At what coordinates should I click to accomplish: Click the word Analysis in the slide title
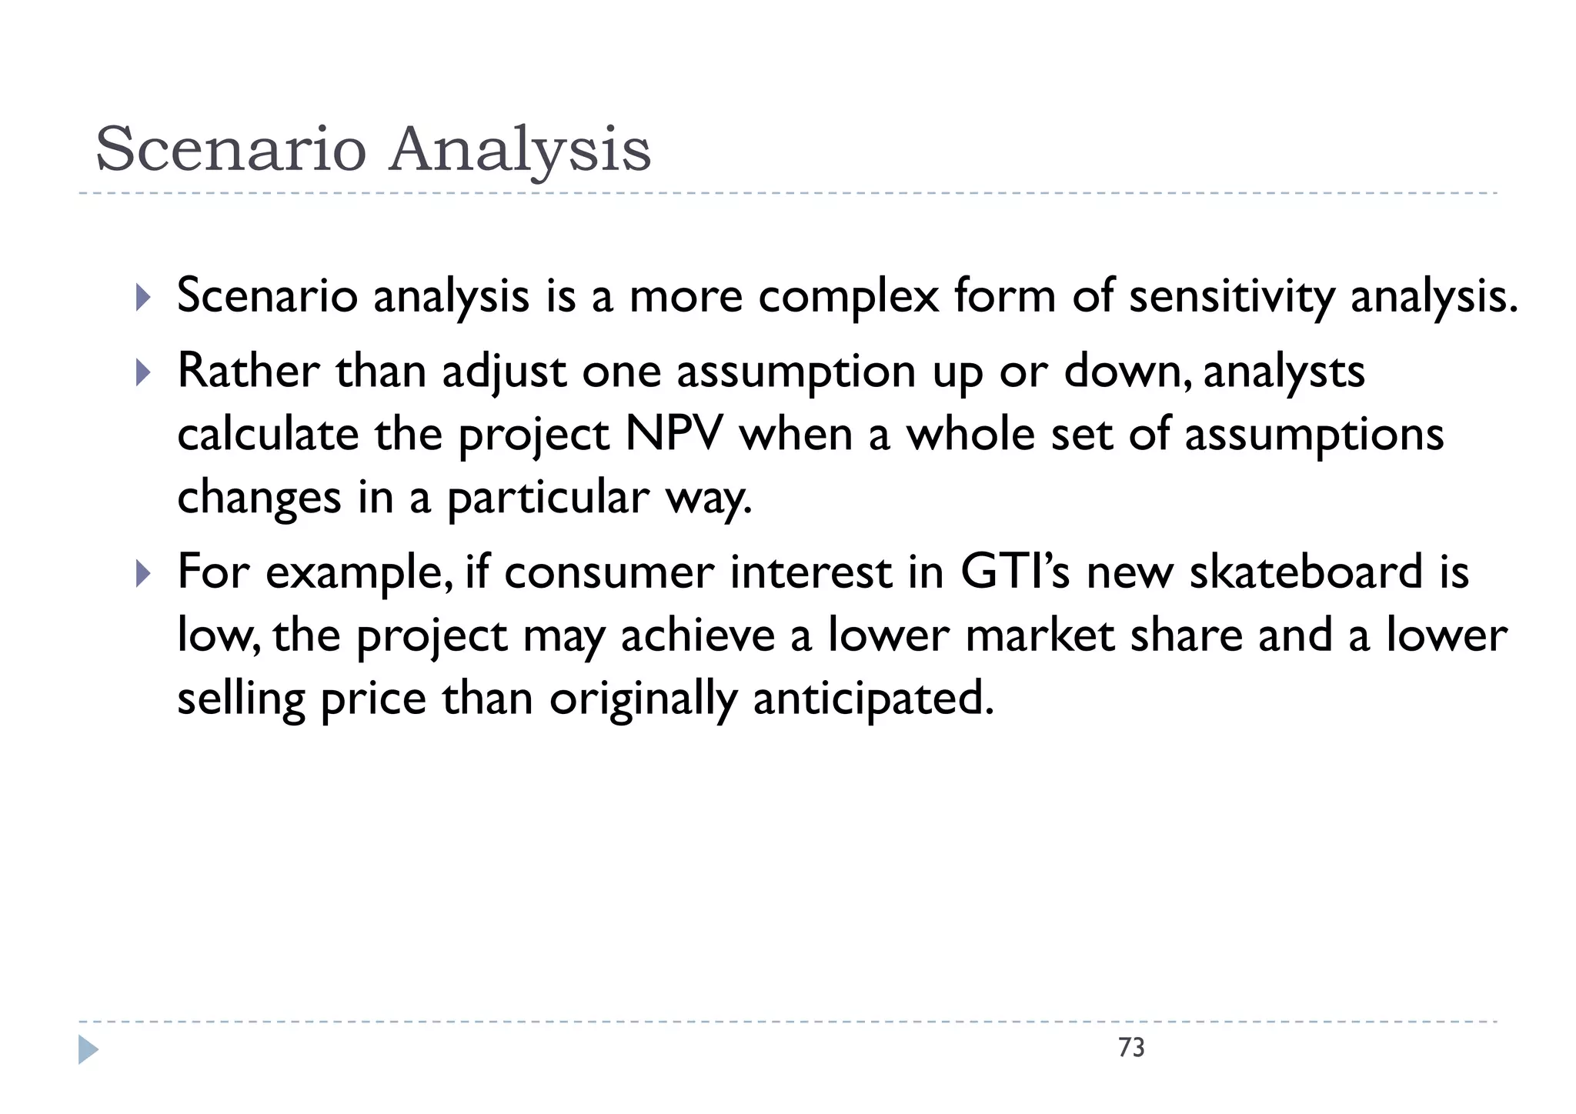pos(519,150)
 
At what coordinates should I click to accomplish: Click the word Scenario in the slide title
pos(230,150)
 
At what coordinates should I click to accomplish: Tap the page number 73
pos(1131,1048)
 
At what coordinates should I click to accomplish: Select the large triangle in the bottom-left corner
pos(88,1050)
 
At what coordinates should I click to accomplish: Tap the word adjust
pos(504,372)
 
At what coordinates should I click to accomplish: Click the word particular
pos(548,499)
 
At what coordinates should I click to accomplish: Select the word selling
pos(241,699)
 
